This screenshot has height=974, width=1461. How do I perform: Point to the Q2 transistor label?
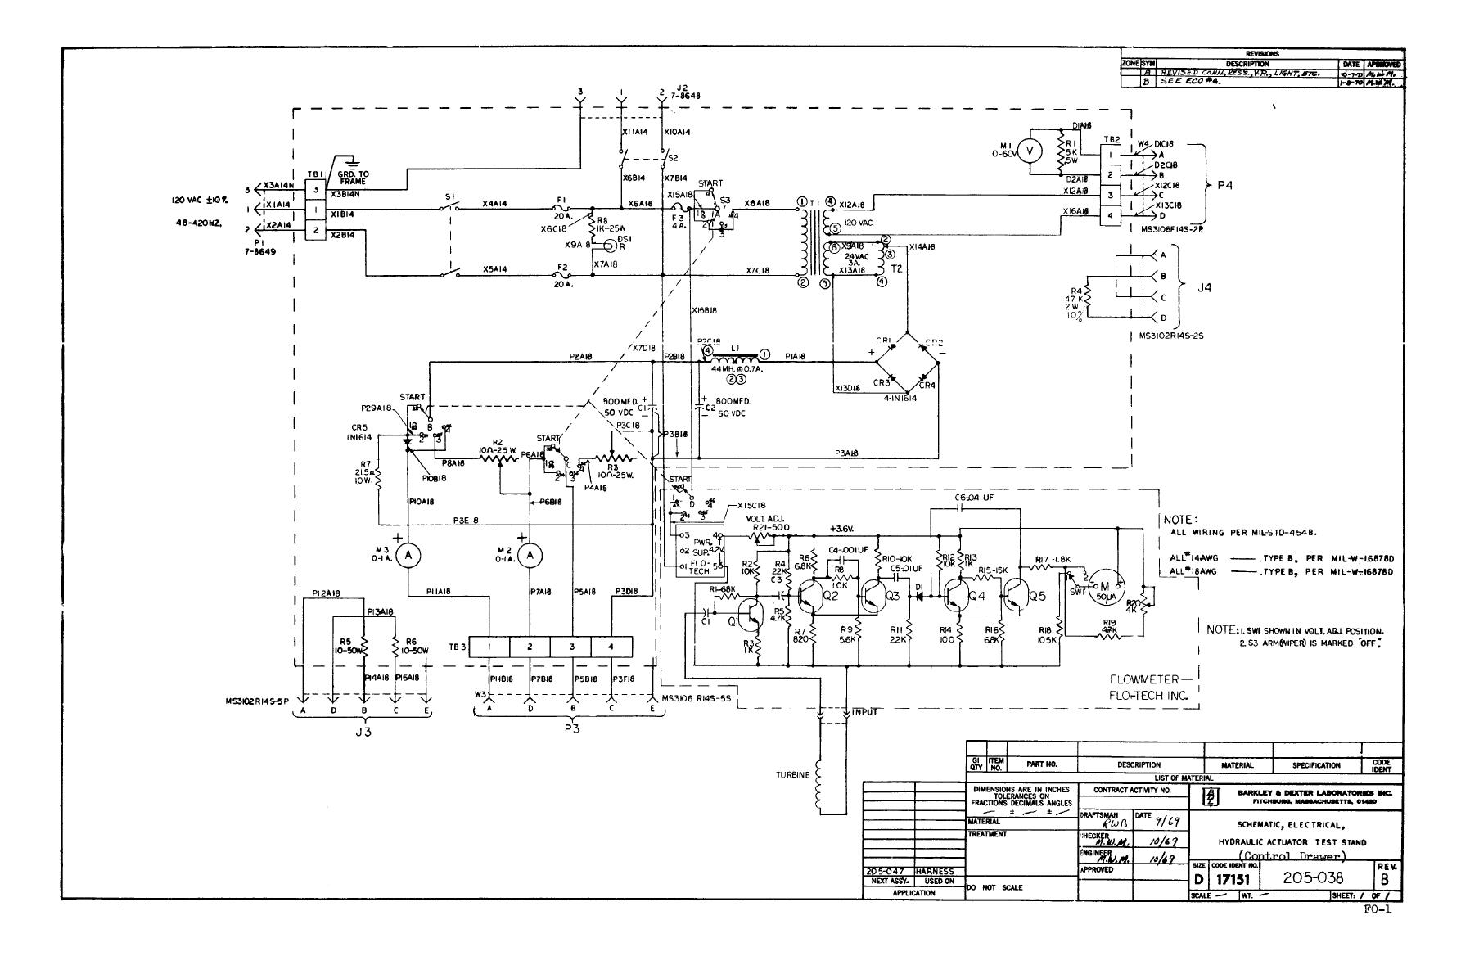[830, 596]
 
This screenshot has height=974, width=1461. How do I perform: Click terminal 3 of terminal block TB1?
[315, 189]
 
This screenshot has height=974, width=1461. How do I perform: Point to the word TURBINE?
[792, 774]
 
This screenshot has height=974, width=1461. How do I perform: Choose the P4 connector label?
[1224, 185]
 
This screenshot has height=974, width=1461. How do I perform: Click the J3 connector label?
[363, 733]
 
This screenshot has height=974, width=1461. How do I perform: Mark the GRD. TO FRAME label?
[354, 178]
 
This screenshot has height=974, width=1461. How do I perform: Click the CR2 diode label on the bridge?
[934, 343]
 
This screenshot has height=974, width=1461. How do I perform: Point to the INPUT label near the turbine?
[865, 713]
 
